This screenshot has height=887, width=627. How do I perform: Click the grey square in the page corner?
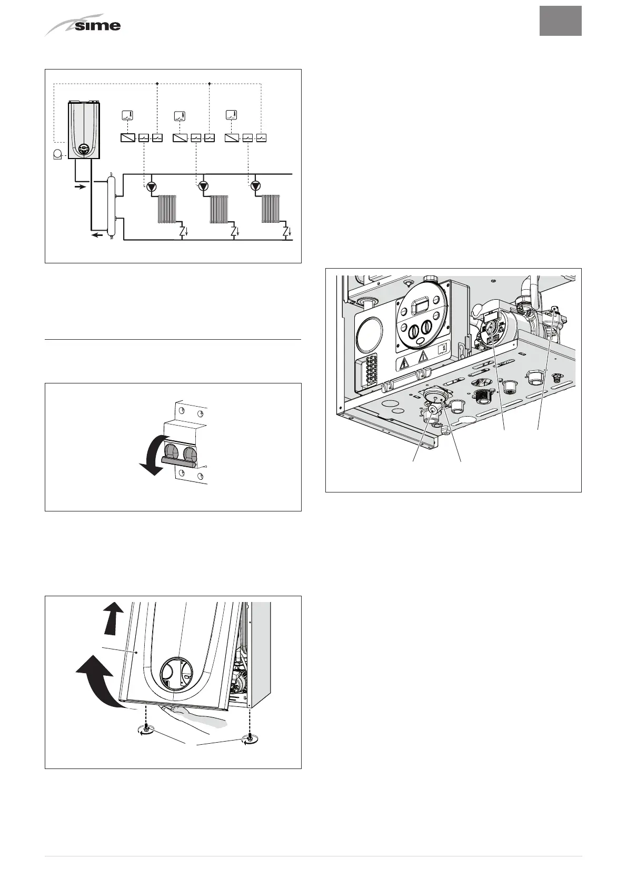coord(560,21)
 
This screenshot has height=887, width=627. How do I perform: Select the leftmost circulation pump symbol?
coord(152,186)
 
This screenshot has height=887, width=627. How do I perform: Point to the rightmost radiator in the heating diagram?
coord(272,209)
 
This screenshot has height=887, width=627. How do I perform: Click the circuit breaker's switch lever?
coord(179,462)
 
